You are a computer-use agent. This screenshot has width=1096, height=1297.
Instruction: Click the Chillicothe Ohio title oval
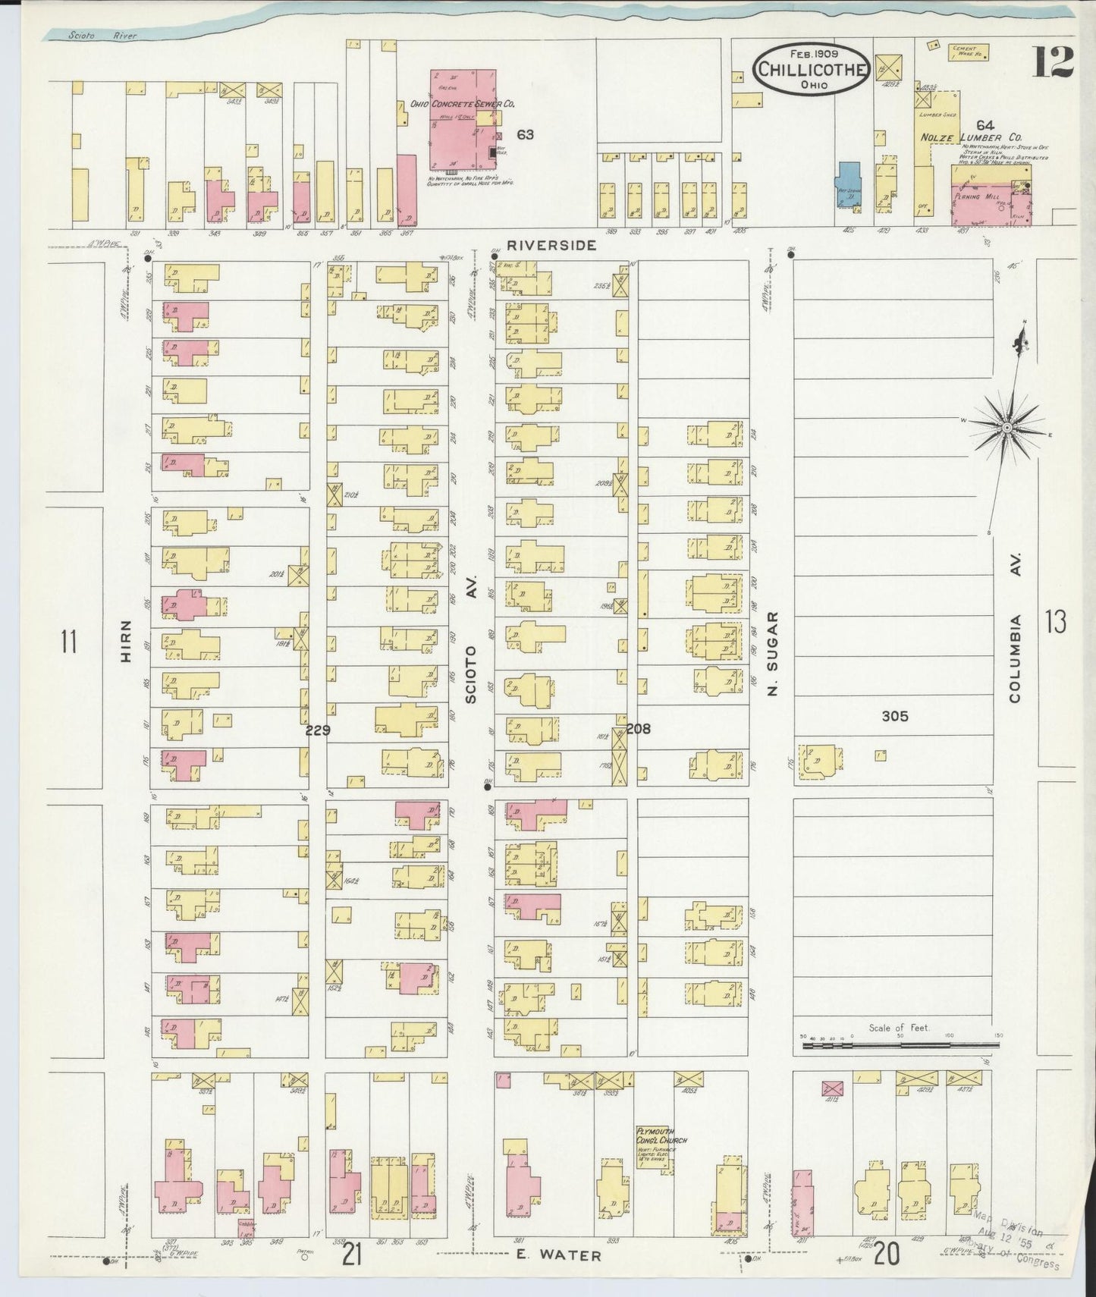tap(810, 69)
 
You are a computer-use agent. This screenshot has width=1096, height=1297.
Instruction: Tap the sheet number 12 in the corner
tap(1052, 61)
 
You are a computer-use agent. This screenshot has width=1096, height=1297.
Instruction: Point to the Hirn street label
tap(126, 642)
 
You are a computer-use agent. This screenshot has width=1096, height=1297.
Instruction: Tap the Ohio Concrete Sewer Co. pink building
tap(459, 121)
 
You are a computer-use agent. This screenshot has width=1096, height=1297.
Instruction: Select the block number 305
tap(894, 715)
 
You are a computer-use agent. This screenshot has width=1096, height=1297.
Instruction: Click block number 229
tap(317, 730)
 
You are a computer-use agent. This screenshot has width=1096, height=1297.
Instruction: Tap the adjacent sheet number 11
tap(69, 642)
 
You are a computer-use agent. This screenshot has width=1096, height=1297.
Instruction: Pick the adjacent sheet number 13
tap(1055, 622)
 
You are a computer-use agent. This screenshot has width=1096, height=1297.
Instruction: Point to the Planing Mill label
tap(981, 196)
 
